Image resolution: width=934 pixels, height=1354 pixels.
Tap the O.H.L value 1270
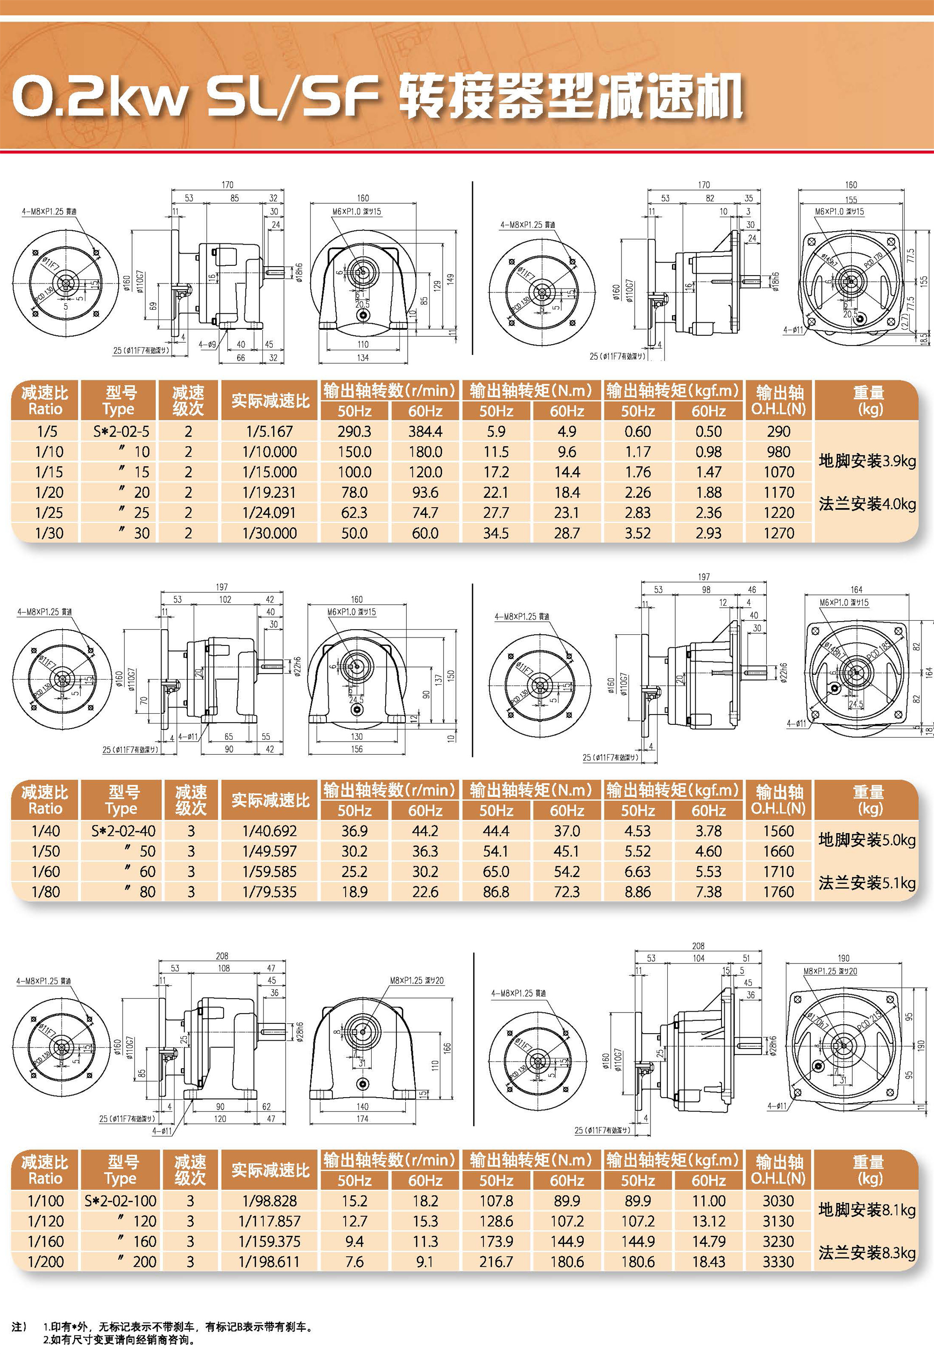coord(778,533)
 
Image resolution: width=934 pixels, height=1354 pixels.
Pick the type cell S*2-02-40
coord(123,831)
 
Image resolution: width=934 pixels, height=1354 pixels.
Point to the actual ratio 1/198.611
coord(269,1262)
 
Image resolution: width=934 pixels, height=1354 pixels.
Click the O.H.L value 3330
coord(778,1262)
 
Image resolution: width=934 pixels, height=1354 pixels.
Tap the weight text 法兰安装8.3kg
coord(867,1252)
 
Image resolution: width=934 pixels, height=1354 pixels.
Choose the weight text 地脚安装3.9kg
coord(867,461)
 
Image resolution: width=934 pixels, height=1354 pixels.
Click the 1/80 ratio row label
coord(46,892)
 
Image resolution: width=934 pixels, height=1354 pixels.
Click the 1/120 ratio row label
coord(46,1221)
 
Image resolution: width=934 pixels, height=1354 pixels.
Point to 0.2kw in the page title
coord(99,97)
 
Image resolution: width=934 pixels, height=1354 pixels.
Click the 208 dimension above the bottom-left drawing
coord(222,956)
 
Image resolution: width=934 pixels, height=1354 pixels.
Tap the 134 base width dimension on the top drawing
coord(363,357)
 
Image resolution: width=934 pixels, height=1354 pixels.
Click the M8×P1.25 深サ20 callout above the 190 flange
coord(829,971)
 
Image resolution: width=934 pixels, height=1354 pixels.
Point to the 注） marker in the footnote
coord(19,1326)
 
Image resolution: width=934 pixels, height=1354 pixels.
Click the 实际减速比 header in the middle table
coord(270,800)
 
